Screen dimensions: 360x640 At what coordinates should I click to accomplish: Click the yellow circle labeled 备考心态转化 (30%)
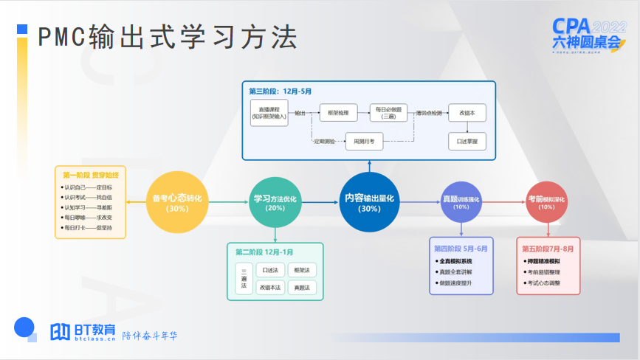pos(176,202)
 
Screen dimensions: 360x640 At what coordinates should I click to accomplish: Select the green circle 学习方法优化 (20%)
pos(275,202)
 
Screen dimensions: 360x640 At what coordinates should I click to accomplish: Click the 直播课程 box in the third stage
pos(269,114)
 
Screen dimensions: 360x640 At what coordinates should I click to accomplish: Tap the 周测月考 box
pos(365,140)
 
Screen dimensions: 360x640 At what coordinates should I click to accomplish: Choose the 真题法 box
pos(301,287)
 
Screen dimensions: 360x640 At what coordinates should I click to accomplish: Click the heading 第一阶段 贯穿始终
pos(90,175)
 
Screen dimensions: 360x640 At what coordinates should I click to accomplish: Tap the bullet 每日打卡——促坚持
pos(87,228)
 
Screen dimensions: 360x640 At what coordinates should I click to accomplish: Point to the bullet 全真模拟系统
pos(455,261)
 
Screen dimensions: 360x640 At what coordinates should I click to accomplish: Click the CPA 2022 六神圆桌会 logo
pos(588,34)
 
